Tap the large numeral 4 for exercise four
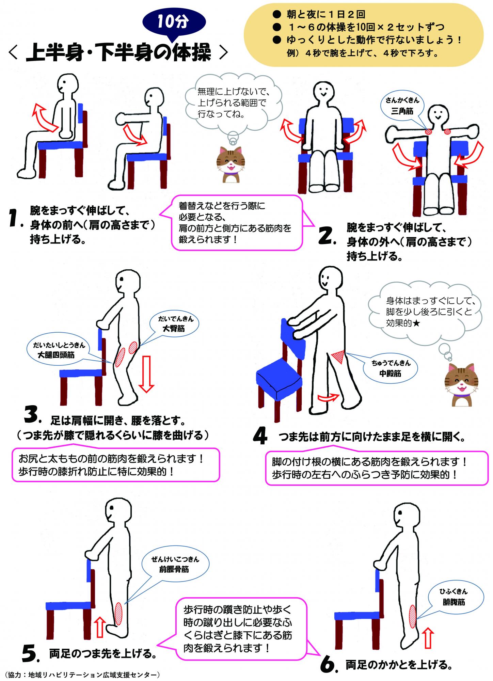point(260,437)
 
